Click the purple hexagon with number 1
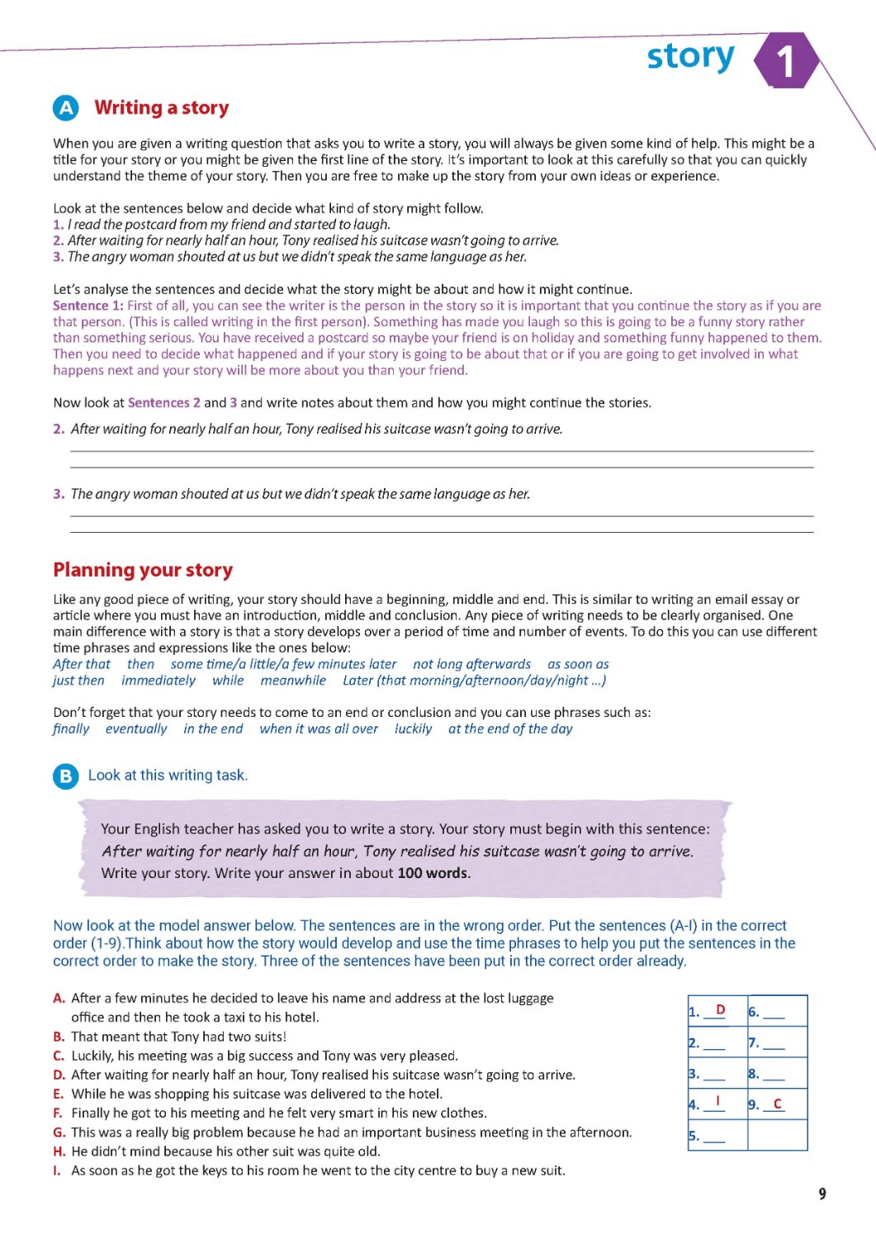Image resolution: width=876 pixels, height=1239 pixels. [x=786, y=60]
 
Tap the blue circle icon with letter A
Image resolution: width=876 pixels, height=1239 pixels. [x=65, y=108]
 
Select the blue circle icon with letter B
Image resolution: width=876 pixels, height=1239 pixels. [x=65, y=776]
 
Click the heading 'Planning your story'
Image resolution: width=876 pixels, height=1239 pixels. [x=143, y=570]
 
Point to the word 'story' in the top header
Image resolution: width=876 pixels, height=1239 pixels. [x=690, y=56]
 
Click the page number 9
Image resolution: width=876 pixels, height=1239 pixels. [x=822, y=1194]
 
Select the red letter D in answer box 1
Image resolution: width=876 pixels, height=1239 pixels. [x=720, y=1009]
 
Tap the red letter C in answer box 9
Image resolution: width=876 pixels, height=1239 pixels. [x=777, y=1104]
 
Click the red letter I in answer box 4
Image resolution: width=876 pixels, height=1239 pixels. [x=717, y=1101]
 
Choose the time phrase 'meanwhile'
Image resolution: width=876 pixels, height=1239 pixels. [x=293, y=681]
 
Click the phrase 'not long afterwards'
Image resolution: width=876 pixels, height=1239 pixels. [x=471, y=664]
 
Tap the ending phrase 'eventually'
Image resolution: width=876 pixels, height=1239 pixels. [x=136, y=729]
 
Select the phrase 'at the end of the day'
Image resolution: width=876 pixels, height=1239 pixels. [x=510, y=729]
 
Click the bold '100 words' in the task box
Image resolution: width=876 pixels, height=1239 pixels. [x=433, y=873]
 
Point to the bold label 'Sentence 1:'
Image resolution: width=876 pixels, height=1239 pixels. [x=88, y=306]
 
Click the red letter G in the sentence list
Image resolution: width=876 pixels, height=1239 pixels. [x=59, y=1132]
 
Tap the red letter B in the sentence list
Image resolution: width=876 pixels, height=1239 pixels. [x=59, y=1037]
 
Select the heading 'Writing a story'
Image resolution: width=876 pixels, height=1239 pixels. [x=162, y=108]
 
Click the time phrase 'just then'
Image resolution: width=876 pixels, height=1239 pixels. [x=78, y=681]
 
